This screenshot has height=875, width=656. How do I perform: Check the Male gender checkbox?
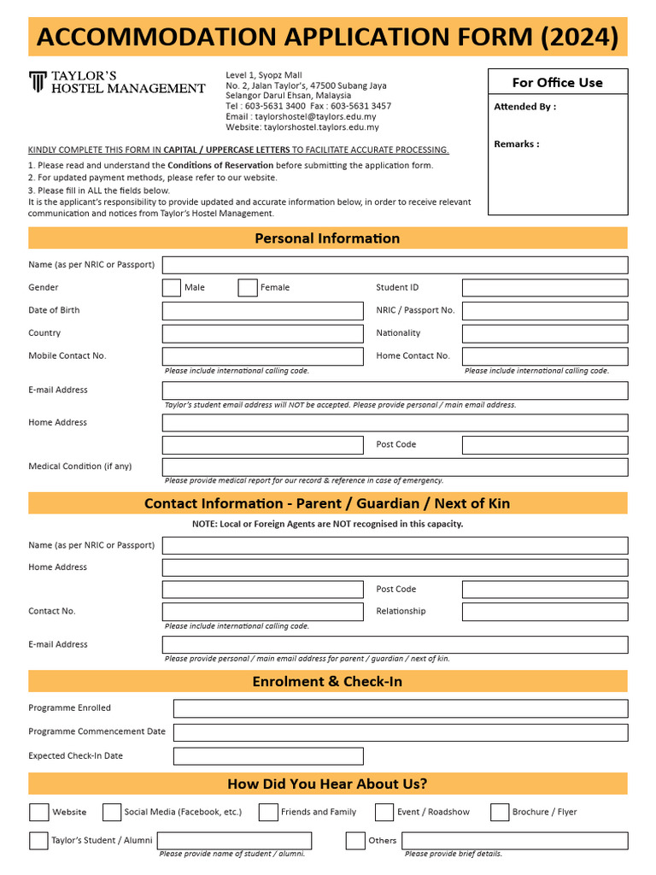coord(171,288)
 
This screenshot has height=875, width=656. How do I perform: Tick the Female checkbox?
coord(248,288)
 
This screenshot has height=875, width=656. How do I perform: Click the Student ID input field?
coord(544,288)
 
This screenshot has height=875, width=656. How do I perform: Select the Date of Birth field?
coord(262,311)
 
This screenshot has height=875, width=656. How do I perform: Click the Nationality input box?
coord(544,333)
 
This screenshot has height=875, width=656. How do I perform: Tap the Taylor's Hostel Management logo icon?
coord(38,82)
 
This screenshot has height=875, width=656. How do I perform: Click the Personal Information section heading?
coord(327,238)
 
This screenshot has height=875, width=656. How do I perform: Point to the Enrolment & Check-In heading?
coord(327,682)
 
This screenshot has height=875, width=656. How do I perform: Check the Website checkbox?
coord(38,812)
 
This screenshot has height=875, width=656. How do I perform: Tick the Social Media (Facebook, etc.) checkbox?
coord(112,812)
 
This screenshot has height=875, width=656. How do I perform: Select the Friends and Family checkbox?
coord(268,812)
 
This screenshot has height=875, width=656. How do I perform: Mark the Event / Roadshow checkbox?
coord(384,812)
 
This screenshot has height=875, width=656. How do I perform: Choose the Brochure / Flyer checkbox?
coord(500,812)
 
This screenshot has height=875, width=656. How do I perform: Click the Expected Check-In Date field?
coord(267,756)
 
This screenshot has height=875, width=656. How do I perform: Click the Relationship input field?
coord(544,612)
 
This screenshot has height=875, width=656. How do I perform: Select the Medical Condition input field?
coord(395,467)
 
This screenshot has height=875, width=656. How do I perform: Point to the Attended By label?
coord(524,107)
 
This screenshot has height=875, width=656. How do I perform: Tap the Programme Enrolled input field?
coord(400,708)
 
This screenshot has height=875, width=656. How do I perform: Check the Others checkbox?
coord(355,841)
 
